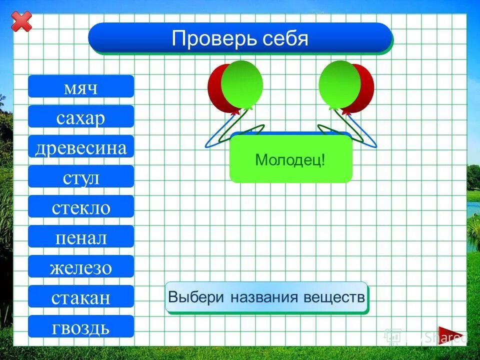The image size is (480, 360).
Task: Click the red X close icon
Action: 21,21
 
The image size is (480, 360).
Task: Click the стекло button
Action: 81,206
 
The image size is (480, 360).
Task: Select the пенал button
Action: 81,236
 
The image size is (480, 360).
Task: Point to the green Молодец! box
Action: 290,160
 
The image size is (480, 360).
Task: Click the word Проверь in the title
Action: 210,38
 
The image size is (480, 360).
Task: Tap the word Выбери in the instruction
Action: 196,297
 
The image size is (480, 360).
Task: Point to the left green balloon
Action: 242,83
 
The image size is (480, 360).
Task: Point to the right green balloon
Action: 339,83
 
